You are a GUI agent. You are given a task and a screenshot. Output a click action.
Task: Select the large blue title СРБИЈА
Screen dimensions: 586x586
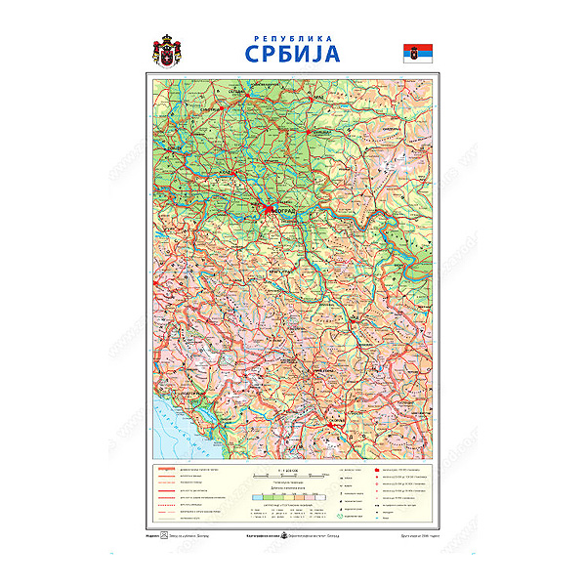pyautogui.click(x=293, y=52)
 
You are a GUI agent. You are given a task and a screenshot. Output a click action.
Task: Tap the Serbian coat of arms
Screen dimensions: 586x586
pyautogui.click(x=167, y=50)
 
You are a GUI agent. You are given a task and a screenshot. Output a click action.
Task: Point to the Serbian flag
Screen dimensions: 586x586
pyautogui.click(x=418, y=52)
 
